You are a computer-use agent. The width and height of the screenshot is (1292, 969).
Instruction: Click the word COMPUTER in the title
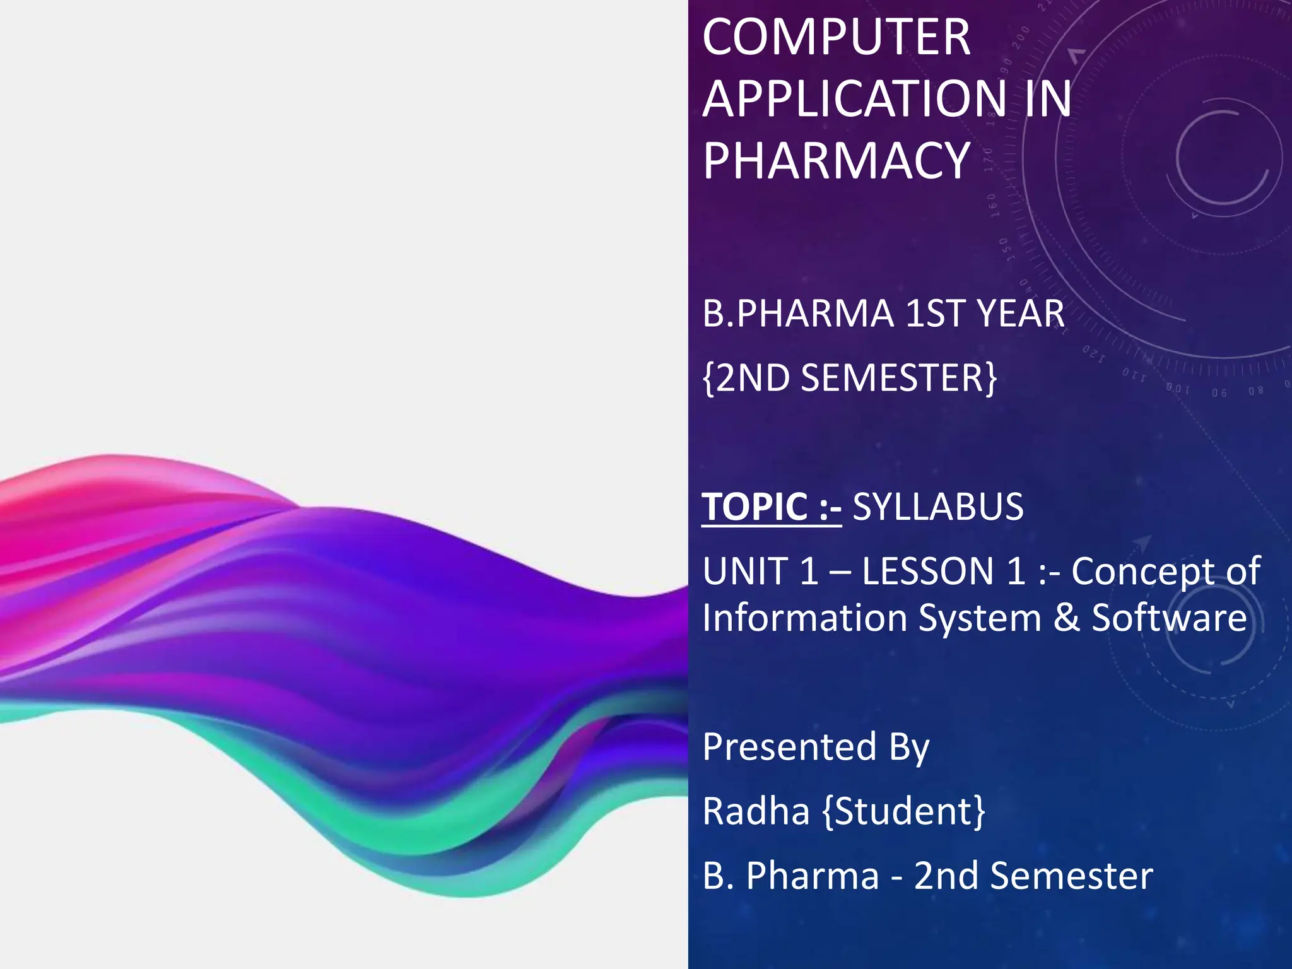tap(836, 37)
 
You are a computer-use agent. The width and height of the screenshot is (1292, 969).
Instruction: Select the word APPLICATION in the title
tap(855, 99)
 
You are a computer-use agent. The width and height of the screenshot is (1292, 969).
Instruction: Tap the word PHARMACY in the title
tap(836, 161)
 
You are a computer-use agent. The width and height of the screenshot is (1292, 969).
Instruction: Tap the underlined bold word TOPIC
tap(755, 507)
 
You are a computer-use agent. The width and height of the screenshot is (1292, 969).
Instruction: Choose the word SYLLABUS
tap(938, 507)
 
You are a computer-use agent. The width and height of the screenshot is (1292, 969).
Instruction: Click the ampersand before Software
tap(1066, 618)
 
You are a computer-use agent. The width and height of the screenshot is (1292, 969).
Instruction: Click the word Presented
tap(789, 747)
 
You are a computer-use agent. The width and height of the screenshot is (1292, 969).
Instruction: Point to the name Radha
tap(756, 811)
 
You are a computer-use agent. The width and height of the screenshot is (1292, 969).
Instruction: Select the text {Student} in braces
tap(903, 811)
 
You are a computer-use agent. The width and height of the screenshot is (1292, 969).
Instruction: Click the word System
tap(980, 618)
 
